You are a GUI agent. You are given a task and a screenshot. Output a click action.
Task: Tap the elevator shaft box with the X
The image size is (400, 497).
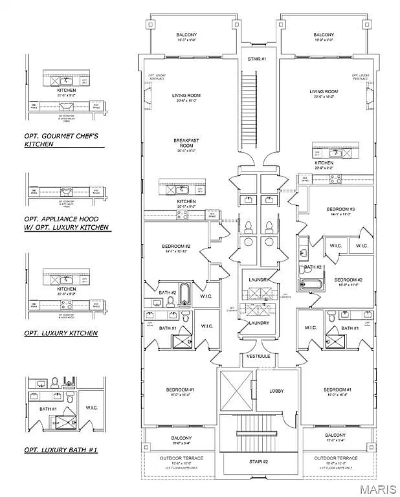pyautogui.click(x=237, y=391)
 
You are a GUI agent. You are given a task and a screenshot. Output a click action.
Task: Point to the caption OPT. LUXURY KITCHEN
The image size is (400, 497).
pyautogui.click(x=61, y=333)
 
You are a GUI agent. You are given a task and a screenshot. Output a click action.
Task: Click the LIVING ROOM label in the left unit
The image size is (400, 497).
pyautogui.click(x=186, y=96)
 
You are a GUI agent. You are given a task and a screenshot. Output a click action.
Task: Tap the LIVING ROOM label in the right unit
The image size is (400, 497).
pyautogui.click(x=324, y=92)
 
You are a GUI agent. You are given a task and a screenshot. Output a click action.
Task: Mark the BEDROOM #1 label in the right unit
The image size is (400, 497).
pyautogui.click(x=338, y=389)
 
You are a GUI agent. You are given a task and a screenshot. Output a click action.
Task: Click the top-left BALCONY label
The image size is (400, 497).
pyautogui.click(x=186, y=35)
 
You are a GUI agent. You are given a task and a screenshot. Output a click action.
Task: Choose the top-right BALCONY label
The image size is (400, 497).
pyautogui.click(x=324, y=35)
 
